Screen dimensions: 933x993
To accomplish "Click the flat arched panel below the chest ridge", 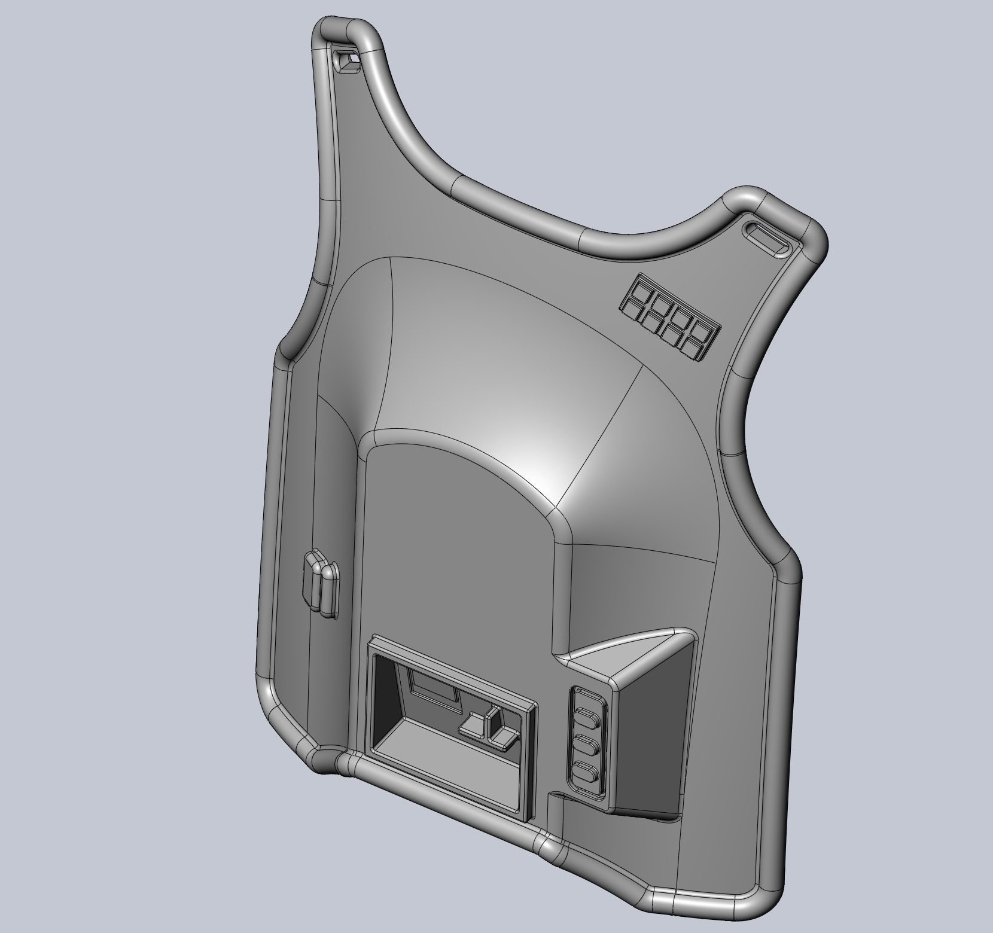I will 455,538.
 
